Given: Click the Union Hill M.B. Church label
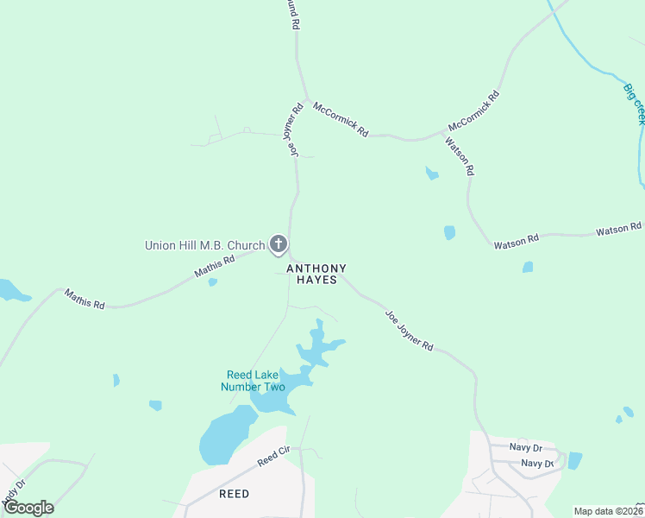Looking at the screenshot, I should coord(204,246).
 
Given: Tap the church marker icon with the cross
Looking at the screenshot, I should coord(278,245).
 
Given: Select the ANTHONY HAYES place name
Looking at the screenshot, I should coord(322,275).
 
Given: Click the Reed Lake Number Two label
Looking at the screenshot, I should coord(255,381).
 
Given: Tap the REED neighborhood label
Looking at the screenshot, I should coord(234,494).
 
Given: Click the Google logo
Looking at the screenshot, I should coord(28,507).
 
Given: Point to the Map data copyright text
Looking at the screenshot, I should coord(608,511).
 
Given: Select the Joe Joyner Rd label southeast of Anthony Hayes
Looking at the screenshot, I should coord(408,331).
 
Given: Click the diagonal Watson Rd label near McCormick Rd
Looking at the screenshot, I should coord(460,155).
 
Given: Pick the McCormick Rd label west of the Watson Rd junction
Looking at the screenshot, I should coord(341,120).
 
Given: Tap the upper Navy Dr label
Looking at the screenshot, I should coord(525,448).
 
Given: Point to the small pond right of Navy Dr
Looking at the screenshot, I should coord(575,460).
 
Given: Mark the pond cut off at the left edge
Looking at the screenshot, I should coord(11,290).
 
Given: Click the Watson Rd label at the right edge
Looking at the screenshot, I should coord(618,230).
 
